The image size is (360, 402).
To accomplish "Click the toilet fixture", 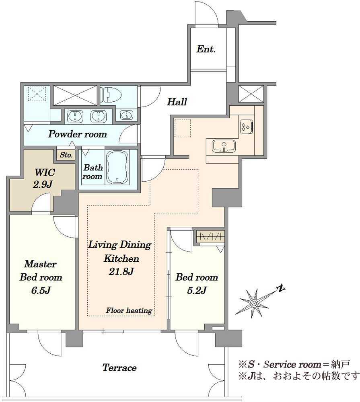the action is pos(111,95).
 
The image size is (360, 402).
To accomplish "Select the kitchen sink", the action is pos(224,147).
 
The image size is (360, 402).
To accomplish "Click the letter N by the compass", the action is pos(282,288).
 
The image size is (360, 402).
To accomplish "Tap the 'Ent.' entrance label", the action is pos(206,49).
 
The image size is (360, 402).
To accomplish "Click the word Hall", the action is pos(177,102).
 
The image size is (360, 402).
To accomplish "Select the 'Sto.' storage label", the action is pos(66,155).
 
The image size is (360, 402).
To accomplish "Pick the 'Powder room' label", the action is pos(77,134).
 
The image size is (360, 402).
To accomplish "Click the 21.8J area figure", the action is pos(121,271).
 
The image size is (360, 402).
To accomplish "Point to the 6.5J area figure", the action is pos(41,291).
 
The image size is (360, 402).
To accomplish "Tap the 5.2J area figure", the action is pos(197,291).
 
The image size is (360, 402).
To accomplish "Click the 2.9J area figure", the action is pos(43,184).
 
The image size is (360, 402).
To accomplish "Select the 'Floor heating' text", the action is pos(129,310).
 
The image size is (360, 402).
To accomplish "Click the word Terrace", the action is pos(119,368).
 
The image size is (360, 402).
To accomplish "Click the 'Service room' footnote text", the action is pos(292,364).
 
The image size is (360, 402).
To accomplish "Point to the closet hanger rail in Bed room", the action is pos(210,237).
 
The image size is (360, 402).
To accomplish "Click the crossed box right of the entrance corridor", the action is pos(251,94).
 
